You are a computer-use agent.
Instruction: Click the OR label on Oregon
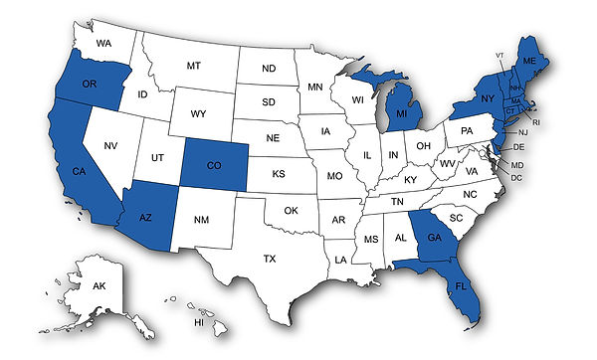[x=89, y=83]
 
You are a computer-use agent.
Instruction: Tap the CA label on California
[x=77, y=172]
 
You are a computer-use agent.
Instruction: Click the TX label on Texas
[x=270, y=258]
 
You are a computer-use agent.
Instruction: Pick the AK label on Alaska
[x=99, y=285]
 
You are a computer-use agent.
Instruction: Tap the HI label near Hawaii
[x=199, y=323]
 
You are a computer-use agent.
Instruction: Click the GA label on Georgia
[x=435, y=237]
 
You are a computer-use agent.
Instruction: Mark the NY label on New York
[x=489, y=100]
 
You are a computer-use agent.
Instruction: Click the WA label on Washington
[x=103, y=44]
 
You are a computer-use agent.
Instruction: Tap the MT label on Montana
[x=194, y=66]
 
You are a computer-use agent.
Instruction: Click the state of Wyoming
[x=201, y=113]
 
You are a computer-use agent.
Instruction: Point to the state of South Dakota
[x=269, y=101]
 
